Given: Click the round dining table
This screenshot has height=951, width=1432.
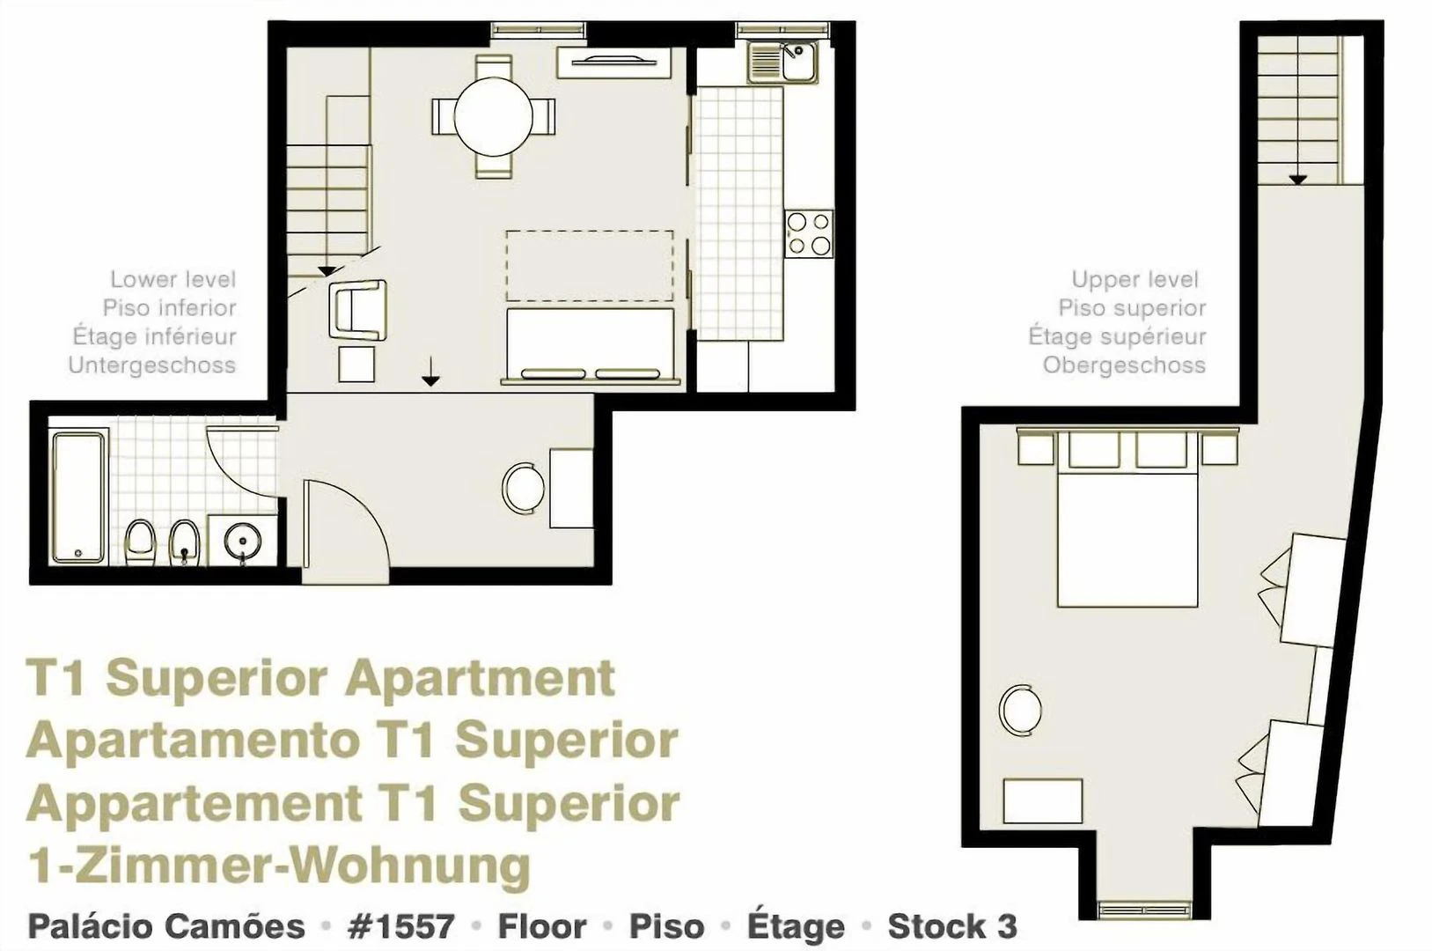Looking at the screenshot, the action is pyautogui.click(x=493, y=117).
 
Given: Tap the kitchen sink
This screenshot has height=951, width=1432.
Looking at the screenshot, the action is pyautogui.click(x=783, y=62).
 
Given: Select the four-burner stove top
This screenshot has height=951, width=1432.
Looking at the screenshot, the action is pyautogui.click(x=810, y=234).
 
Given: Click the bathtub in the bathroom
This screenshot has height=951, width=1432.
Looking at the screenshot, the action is pyautogui.click(x=78, y=498).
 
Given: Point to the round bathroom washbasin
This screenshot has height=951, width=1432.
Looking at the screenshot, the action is pyautogui.click(x=243, y=541).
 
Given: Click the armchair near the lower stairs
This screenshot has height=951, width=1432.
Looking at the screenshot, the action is pyautogui.click(x=358, y=310).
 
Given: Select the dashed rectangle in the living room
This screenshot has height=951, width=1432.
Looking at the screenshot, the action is pyautogui.click(x=590, y=265).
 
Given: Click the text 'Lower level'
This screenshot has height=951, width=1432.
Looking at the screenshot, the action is pyautogui.click(x=173, y=279).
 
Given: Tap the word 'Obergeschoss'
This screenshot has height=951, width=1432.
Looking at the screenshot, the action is pyautogui.click(x=1124, y=365).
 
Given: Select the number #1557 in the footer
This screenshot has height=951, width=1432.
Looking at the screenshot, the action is pyautogui.click(x=400, y=926).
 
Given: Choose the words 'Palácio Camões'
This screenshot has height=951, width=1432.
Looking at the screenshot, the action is pyautogui.click(x=166, y=926).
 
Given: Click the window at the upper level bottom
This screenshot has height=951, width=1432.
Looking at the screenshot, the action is pyautogui.click(x=1145, y=910).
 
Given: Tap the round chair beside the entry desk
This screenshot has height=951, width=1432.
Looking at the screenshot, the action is pyautogui.click(x=523, y=488).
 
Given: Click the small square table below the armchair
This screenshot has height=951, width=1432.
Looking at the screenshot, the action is pyautogui.click(x=356, y=364).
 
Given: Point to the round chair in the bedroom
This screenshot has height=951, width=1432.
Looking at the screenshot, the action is pyautogui.click(x=1020, y=709).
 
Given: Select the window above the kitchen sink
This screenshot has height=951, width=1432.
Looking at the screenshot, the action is pyautogui.click(x=783, y=29).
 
